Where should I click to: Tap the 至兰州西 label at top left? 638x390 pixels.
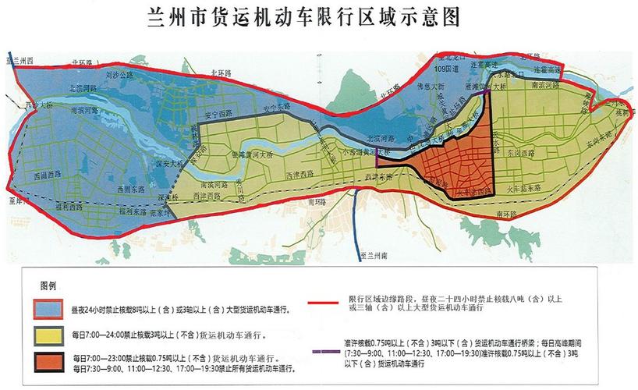21,60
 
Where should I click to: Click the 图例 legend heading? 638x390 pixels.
49,286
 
